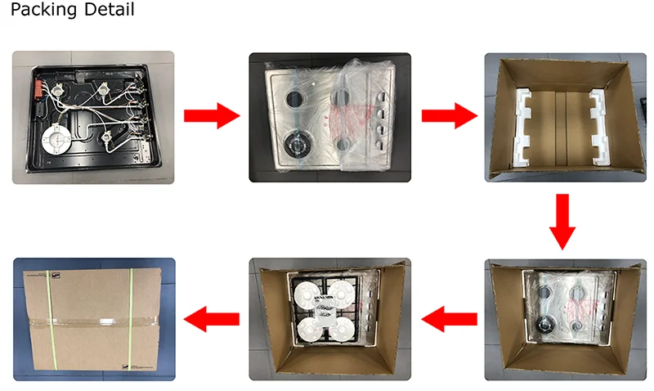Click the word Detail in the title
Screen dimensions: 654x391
point(108,10)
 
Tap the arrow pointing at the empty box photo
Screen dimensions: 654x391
point(450,116)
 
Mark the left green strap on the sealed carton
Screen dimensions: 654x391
point(47,319)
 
